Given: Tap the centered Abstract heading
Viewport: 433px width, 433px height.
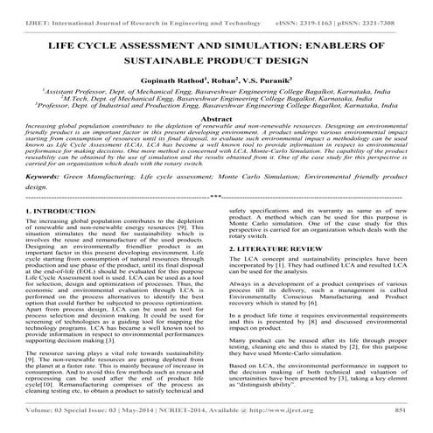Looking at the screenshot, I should pyautogui.click(x=216, y=118).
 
